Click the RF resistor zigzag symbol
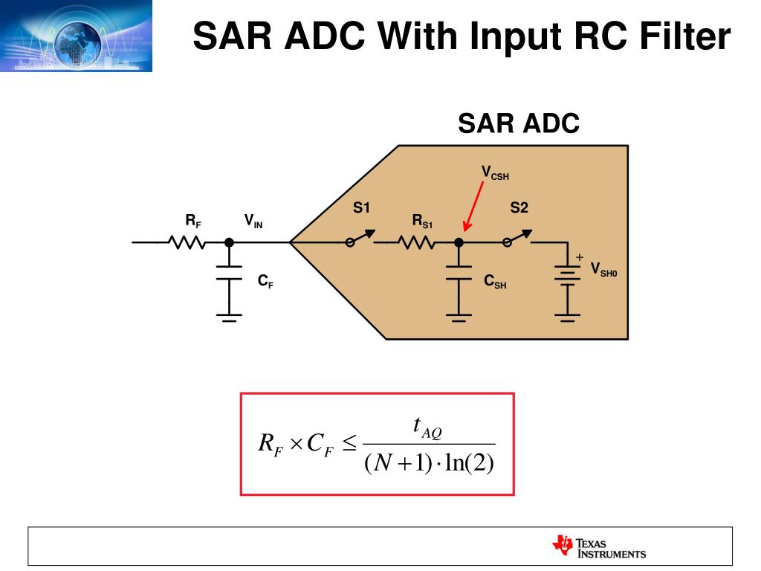coord(186,242)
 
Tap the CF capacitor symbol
coord(230,272)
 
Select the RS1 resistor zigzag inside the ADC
coord(416,242)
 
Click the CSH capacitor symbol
coord(459,273)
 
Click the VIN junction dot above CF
coord(230,242)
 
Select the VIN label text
coord(253,221)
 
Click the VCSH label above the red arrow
coord(495,173)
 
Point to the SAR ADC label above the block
coord(518,123)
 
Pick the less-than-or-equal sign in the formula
coord(350,445)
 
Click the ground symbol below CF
coord(230,317)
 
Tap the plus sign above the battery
coord(580,257)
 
